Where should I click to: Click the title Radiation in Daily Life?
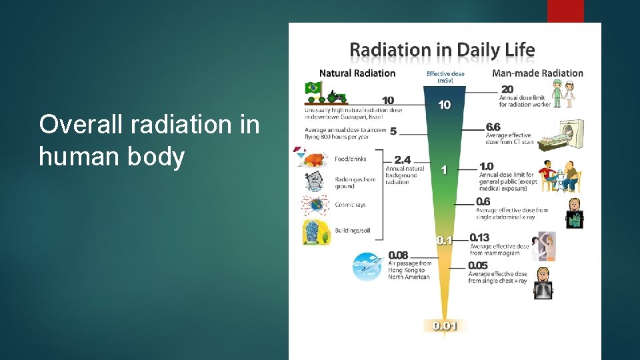tap(443, 49)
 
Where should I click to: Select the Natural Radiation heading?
tap(357, 73)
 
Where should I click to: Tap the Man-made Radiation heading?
tap(537, 73)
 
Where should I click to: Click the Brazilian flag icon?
tap(312, 88)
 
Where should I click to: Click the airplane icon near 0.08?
tap(368, 266)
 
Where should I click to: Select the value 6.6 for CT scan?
tap(493, 127)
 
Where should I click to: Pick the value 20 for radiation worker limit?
tap(507, 89)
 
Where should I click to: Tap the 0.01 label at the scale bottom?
tap(445, 326)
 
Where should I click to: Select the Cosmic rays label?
tap(350, 205)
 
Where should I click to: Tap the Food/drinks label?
tap(351, 159)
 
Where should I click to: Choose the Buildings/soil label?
tap(353, 231)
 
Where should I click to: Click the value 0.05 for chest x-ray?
tap(477, 265)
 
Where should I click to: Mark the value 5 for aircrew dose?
tap(393, 131)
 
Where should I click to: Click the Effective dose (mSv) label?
tap(445, 77)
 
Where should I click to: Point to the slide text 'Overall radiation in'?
tap(149, 124)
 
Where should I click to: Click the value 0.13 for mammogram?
tap(479, 237)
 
